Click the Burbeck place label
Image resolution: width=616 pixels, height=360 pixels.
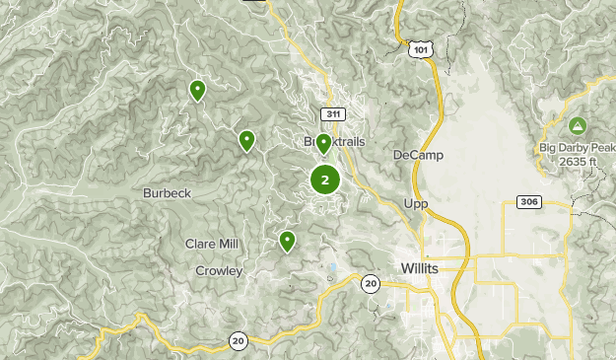click(x=167, y=193)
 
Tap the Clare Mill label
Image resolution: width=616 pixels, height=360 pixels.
click(x=213, y=244)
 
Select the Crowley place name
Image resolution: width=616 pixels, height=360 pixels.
click(x=218, y=270)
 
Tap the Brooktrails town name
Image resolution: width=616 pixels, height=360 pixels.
click(x=334, y=142)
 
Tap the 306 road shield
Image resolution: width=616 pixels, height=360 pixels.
click(x=528, y=202)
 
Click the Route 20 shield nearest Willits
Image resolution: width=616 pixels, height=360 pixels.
click(x=370, y=284)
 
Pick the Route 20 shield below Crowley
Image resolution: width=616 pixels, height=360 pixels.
click(x=239, y=340)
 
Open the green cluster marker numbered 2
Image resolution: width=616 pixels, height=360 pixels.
click(x=325, y=180)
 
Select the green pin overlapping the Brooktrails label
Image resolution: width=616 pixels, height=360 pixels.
click(x=323, y=144)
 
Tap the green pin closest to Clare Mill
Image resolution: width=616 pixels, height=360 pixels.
click(x=287, y=240)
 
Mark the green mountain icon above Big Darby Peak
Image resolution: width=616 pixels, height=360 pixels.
click(x=577, y=125)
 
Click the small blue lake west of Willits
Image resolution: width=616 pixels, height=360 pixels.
click(x=333, y=267)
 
